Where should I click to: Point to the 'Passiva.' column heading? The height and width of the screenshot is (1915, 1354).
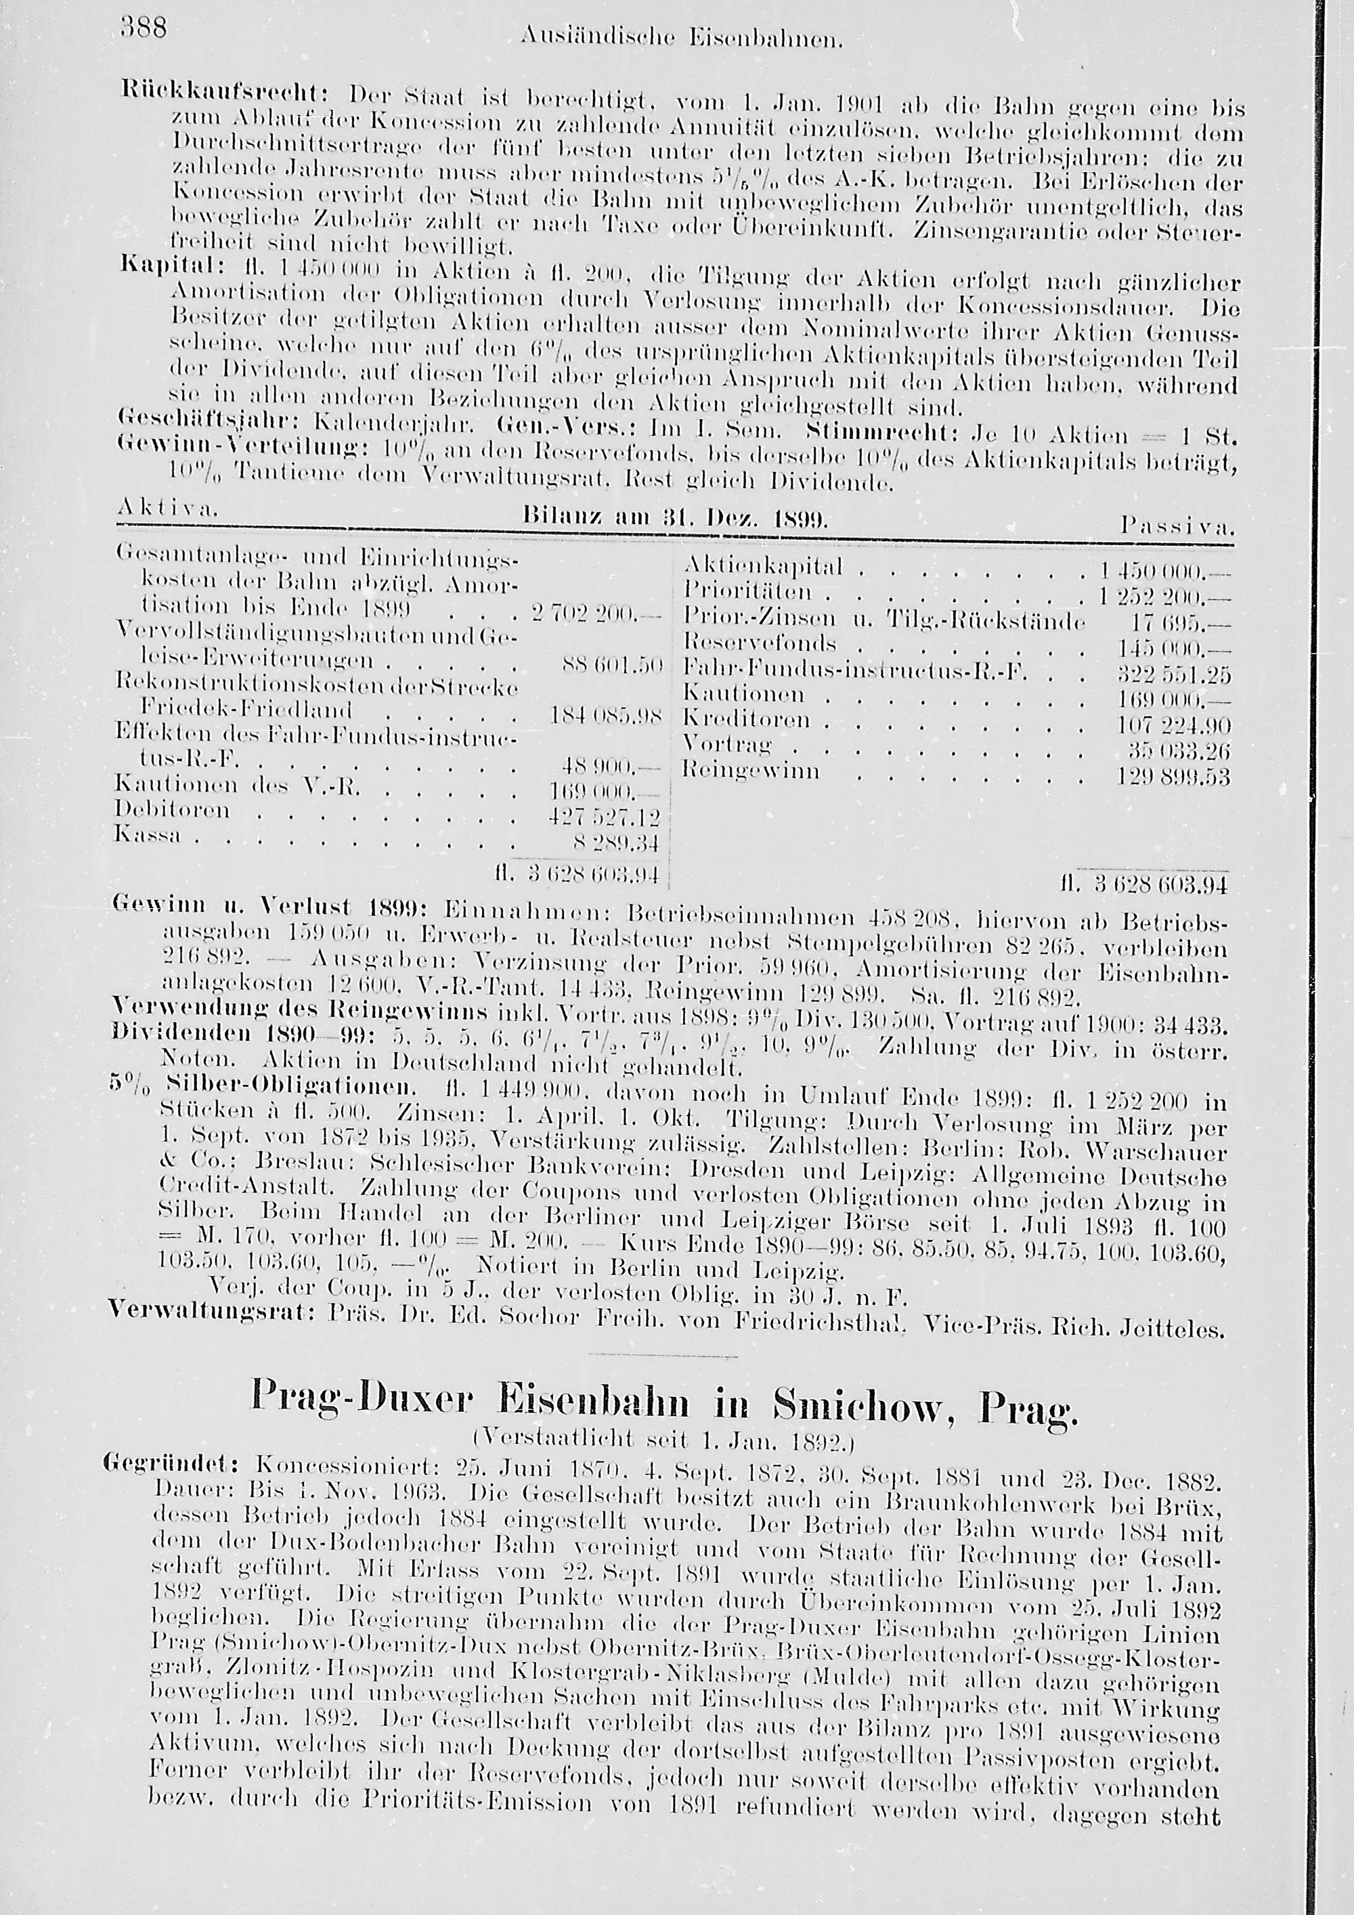(1177, 527)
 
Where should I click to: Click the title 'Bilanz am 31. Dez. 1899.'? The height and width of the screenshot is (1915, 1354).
(674, 518)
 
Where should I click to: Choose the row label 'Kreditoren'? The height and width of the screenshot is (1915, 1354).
(745, 719)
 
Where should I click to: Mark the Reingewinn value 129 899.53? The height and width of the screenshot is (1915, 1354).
(1173, 777)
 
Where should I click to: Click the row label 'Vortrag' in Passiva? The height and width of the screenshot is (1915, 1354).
(727, 742)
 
